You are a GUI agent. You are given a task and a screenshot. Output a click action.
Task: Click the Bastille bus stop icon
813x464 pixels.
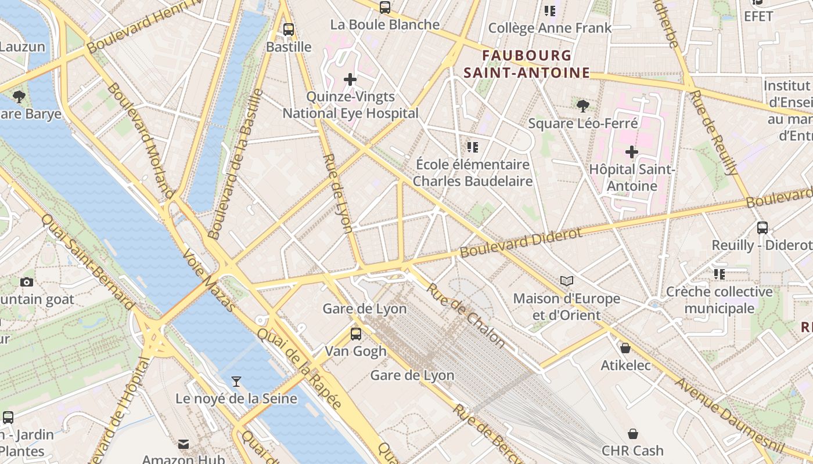pyautogui.click(x=289, y=30)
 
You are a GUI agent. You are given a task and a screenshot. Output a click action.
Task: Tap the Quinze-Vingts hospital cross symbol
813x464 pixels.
pyautogui.click(x=350, y=79)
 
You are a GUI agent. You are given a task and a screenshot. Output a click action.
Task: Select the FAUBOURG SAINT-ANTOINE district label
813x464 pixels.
pyautogui.click(x=527, y=64)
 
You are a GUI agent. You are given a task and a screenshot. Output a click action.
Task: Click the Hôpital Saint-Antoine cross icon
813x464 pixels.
pyautogui.click(x=632, y=152)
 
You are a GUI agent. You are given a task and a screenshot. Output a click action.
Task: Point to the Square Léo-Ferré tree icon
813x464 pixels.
pyautogui.click(x=583, y=106)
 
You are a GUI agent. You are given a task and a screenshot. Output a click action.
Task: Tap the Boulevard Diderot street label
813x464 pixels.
pyautogui.click(x=520, y=243)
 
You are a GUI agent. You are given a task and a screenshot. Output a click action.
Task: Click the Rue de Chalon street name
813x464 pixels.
pyautogui.click(x=466, y=315)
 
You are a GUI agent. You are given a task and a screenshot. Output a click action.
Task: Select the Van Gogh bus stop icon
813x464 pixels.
pyautogui.click(x=355, y=334)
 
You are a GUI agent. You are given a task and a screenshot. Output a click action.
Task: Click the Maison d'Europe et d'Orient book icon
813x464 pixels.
pyautogui.click(x=567, y=281)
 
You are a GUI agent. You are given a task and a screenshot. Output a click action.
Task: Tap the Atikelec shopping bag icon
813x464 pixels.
pyautogui.click(x=625, y=348)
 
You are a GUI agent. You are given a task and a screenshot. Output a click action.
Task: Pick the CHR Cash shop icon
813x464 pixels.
pyautogui.click(x=633, y=433)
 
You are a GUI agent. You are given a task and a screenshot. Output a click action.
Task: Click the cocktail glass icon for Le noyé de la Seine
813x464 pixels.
pyautogui.click(x=236, y=381)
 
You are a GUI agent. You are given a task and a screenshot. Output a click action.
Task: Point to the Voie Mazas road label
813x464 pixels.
pyautogui.click(x=208, y=281)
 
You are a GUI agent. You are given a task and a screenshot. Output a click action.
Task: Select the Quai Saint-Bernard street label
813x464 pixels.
pyautogui.click(x=88, y=261)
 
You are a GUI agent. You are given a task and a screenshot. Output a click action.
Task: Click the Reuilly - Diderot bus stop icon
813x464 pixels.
pyautogui.click(x=762, y=228)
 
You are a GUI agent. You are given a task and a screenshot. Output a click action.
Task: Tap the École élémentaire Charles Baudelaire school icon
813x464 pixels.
pyautogui.click(x=473, y=147)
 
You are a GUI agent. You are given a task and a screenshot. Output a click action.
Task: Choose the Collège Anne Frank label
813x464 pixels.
pyautogui.click(x=550, y=28)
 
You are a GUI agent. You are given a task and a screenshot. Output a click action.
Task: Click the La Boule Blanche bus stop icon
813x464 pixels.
pyautogui.click(x=385, y=8)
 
